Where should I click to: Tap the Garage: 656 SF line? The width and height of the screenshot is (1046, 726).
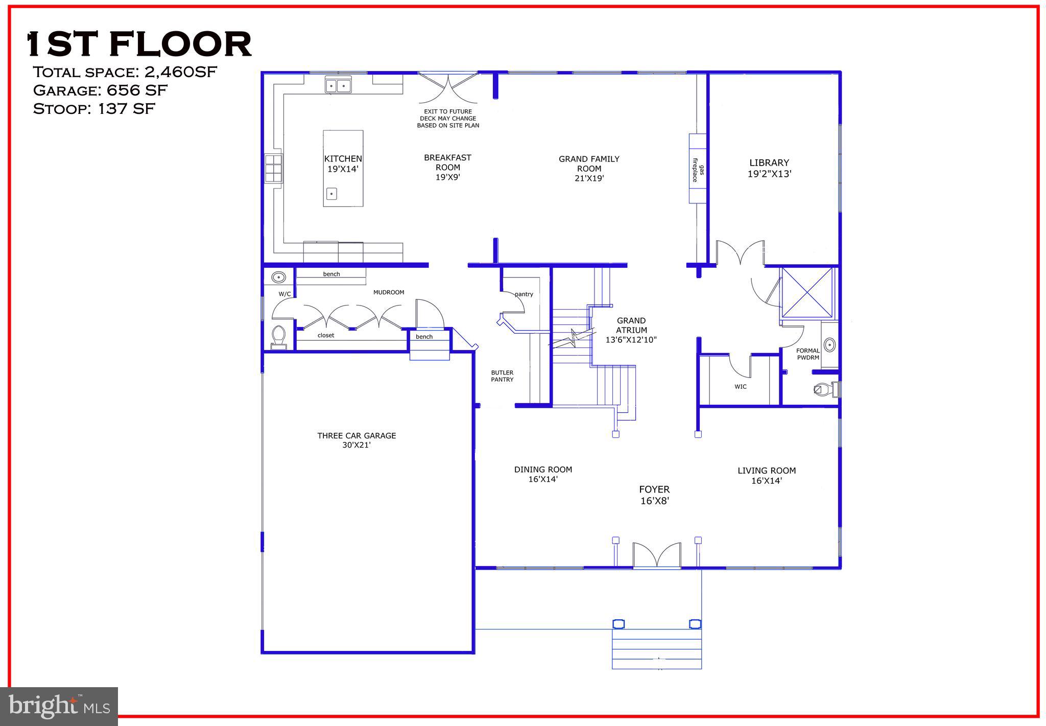pos(100,90)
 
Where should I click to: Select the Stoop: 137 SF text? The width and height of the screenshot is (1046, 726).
pos(94,109)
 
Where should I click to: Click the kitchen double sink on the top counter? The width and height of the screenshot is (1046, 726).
pos(338,85)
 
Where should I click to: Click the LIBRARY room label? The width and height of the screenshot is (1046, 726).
pos(769,168)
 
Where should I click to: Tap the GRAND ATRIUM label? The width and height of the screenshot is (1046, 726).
pos(631,330)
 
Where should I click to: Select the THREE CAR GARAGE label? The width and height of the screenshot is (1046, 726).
pos(356,440)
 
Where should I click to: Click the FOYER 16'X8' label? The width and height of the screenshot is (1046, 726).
pos(654,495)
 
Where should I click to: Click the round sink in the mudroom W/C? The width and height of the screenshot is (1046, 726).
pos(278,277)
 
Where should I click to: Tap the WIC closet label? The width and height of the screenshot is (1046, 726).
pos(741,387)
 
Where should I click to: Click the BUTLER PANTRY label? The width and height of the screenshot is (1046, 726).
pos(502,376)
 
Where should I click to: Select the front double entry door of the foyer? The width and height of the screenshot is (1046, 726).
pos(657,556)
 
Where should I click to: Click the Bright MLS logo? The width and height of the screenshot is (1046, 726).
pos(59,706)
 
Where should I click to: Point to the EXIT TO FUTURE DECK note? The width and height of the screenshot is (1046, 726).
pos(448,118)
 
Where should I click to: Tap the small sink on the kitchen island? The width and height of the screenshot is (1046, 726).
pos(331,194)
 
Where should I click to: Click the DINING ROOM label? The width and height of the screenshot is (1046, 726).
pos(543,474)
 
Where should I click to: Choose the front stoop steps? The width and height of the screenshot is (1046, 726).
pos(656,649)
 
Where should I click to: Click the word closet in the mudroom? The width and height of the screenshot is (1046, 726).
pos(326,336)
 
